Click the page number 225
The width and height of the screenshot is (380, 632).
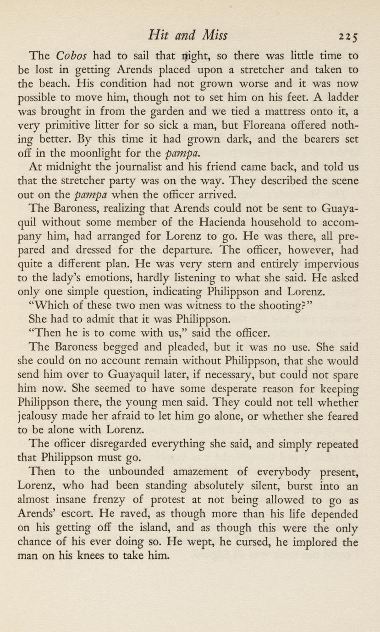[347, 36]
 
